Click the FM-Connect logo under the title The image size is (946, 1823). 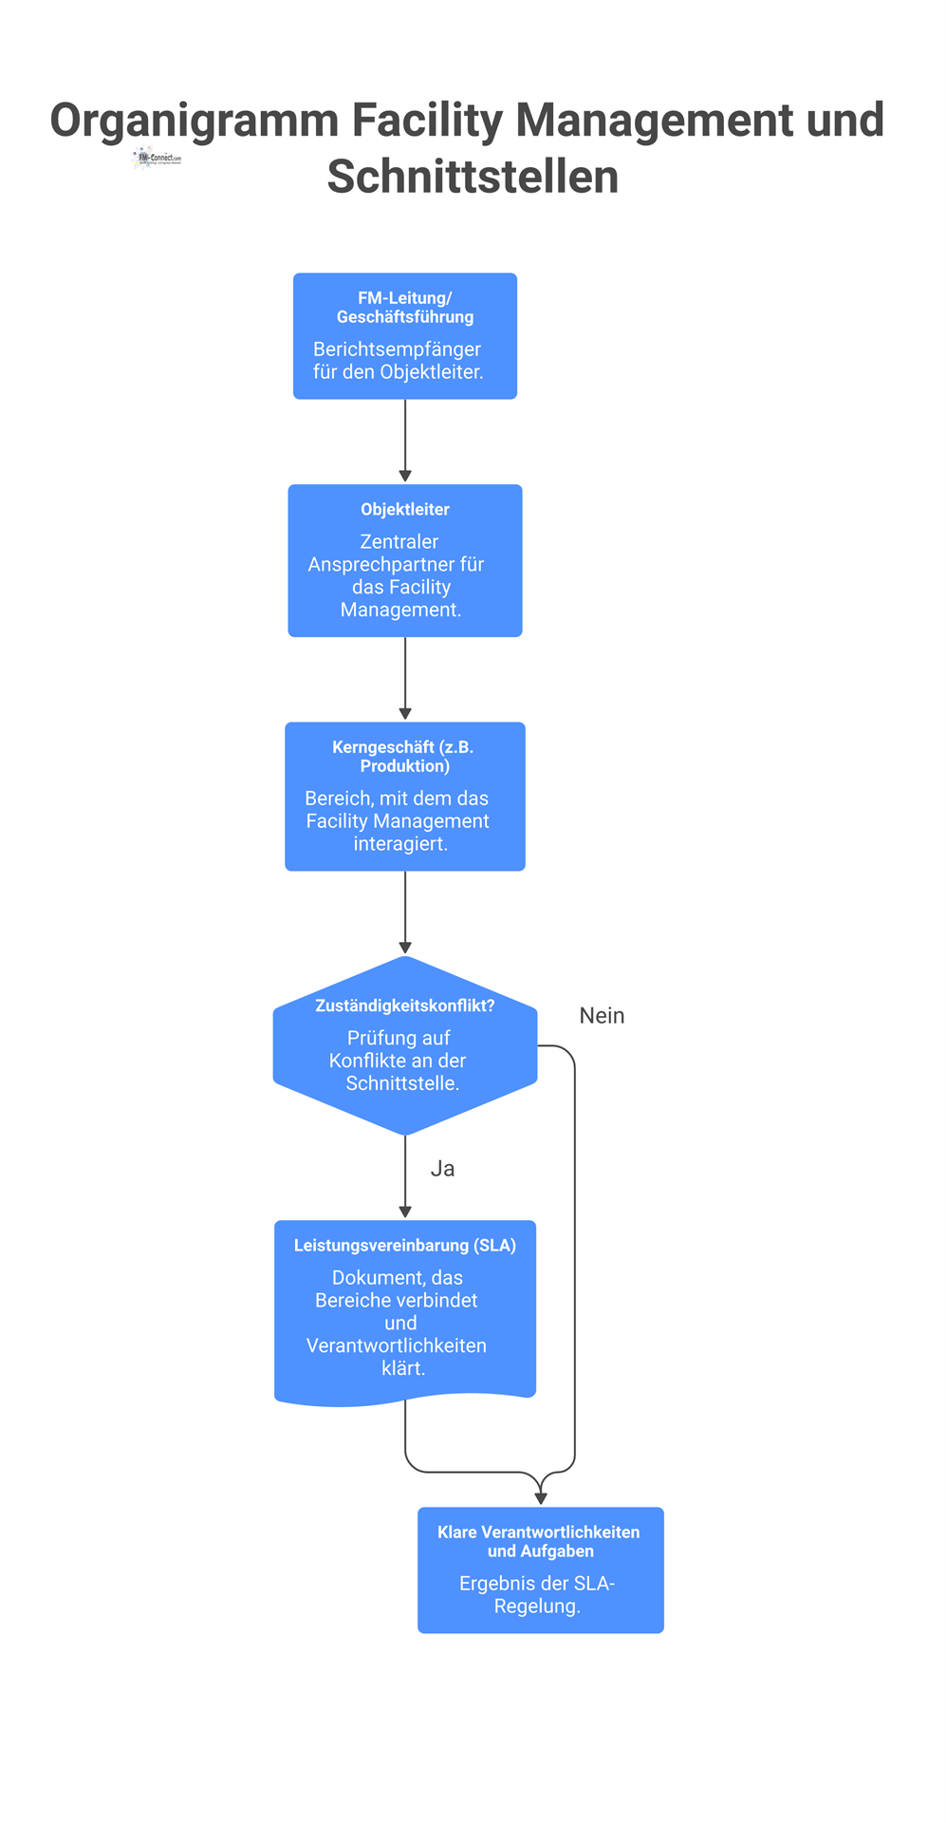pyautogui.click(x=157, y=158)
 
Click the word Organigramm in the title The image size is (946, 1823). pyautogui.click(x=195, y=121)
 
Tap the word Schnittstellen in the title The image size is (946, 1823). pyautogui.click(x=473, y=178)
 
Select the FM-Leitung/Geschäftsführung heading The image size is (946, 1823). pyautogui.click(x=405, y=308)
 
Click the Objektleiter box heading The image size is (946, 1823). pyautogui.click(x=405, y=510)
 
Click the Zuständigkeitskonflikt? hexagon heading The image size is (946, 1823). pyautogui.click(x=405, y=1005)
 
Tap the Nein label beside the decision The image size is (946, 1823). pyautogui.click(x=602, y=1016)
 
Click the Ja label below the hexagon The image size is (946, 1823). pyautogui.click(x=442, y=1169)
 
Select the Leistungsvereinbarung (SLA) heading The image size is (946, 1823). pyautogui.click(x=405, y=1246)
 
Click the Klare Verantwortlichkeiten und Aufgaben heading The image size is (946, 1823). pyautogui.click(x=539, y=1542)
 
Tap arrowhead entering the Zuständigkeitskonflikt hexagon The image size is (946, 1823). pyautogui.click(x=405, y=948)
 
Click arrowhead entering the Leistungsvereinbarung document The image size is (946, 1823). pyautogui.click(x=405, y=1212)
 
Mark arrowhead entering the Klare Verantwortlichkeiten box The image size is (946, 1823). pyautogui.click(x=541, y=1499)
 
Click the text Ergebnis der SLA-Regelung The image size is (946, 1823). pyautogui.click(x=537, y=1595)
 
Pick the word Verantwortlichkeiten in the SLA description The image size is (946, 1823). pyautogui.click(x=397, y=1345)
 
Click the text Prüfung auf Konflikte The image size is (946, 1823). pyautogui.click(x=399, y=1049)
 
